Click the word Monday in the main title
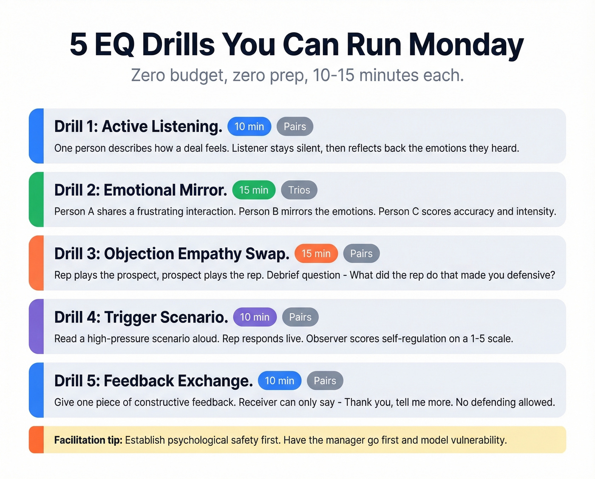pos(466,45)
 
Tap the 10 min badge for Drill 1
pos(249,127)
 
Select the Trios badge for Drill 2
pos(299,190)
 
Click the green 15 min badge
pos(254,190)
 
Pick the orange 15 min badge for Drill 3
pos(316,254)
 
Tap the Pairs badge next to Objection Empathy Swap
pos(361,254)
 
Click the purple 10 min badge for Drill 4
pos(255,317)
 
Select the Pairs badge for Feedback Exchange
pos(325,381)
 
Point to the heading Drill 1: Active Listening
pos(138,127)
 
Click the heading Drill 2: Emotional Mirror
pos(141,190)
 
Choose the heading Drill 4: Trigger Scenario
pos(141,317)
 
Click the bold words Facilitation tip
pos(88,440)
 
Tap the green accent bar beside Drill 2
pos(37,199)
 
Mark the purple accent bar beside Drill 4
pos(37,326)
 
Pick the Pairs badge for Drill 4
pos(300,317)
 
